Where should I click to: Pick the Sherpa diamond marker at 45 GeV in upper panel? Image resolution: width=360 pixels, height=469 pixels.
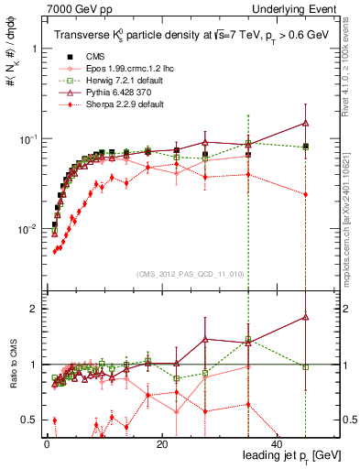tap(305, 194)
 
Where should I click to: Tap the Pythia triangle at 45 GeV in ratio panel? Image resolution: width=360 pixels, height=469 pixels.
tap(305, 317)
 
